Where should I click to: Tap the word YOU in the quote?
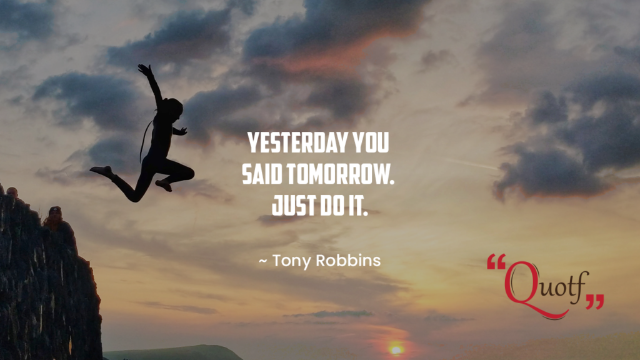(371, 142)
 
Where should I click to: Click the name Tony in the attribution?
(291, 261)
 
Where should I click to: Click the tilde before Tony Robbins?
(263, 261)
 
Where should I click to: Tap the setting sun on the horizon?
(396, 350)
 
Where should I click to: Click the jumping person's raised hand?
(144, 69)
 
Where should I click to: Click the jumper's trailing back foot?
(100, 171)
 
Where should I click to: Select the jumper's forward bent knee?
(189, 172)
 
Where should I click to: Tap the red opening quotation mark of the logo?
(496, 261)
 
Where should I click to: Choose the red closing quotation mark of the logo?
(595, 302)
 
